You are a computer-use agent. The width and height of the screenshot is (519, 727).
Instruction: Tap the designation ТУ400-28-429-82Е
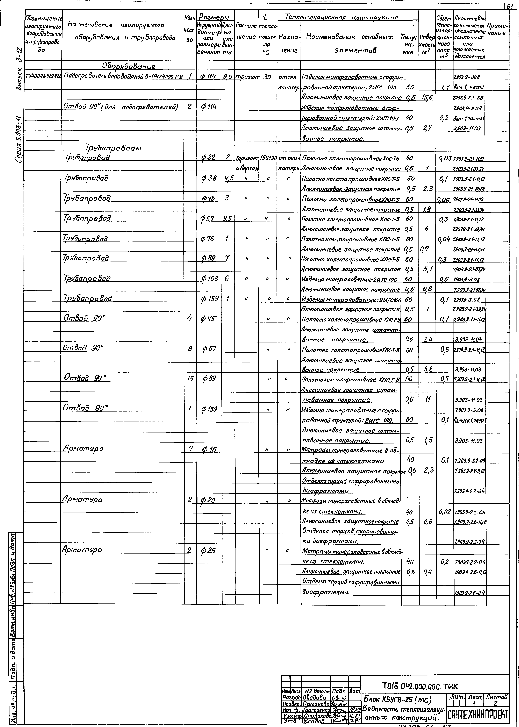pos(43,77)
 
